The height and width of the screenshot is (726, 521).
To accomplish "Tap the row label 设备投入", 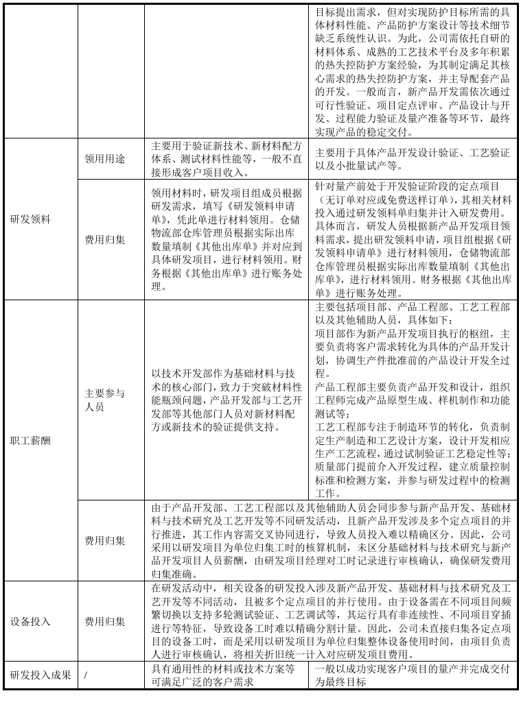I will pyautogui.click(x=30, y=621).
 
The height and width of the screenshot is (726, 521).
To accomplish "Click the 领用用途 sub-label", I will pyautogui.click(x=104, y=158).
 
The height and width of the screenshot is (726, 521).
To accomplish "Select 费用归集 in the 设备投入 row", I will pyautogui.click(x=104, y=621).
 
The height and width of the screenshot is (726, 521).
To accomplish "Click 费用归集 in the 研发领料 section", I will pyautogui.click(x=104, y=239).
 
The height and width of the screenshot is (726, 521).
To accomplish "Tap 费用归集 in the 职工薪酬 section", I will pyautogui.click(x=104, y=540).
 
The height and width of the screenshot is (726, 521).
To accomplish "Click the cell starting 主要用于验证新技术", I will pyautogui.click(x=226, y=158).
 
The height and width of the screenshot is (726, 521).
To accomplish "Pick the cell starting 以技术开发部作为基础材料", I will pyautogui.click(x=226, y=400).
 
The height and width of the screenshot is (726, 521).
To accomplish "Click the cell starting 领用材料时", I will pyautogui.click(x=226, y=239).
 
